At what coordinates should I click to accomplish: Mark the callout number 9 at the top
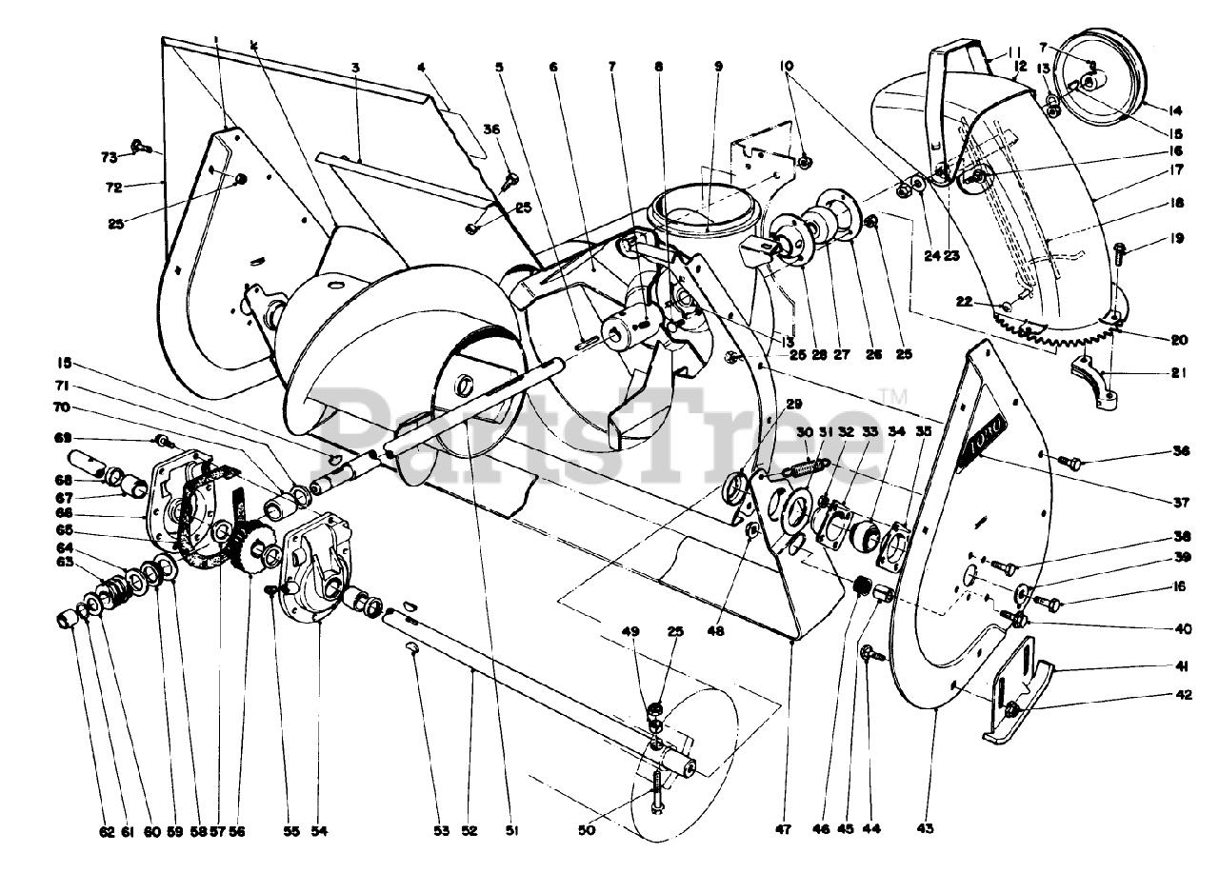tap(719, 67)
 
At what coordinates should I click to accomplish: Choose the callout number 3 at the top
tap(354, 68)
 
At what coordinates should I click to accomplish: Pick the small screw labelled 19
tap(1118, 253)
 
